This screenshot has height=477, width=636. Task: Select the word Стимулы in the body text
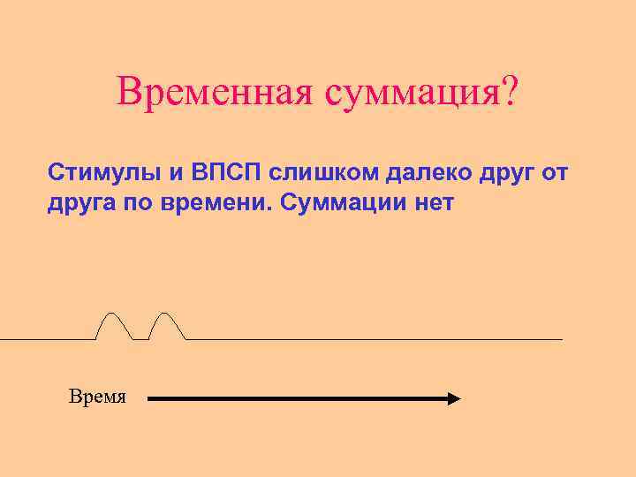95,170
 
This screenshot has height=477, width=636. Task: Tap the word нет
433,203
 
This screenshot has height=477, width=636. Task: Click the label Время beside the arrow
97,397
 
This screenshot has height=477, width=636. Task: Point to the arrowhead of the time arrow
454,399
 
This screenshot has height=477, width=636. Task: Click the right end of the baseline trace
560,339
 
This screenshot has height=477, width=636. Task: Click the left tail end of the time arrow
149,399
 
